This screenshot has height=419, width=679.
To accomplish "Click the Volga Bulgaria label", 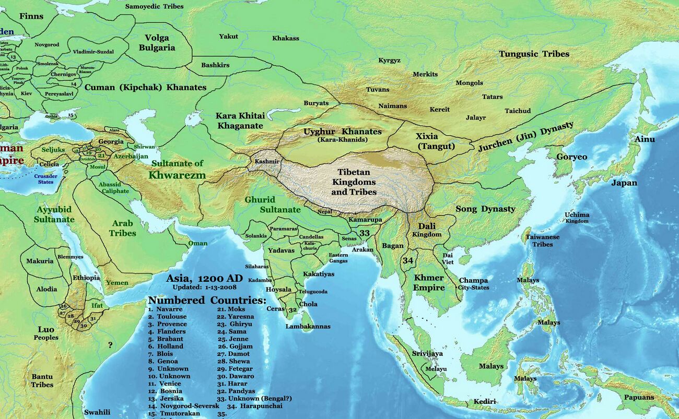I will [160, 42].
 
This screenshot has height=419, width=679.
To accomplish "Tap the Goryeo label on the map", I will [571, 157].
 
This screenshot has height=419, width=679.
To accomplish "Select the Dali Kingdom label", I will [427, 230].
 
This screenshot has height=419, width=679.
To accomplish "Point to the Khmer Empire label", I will [429, 282].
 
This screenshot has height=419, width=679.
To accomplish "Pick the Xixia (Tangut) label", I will [436, 141].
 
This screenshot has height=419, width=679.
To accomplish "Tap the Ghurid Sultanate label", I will [272, 205].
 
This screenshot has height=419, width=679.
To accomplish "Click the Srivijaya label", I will [427, 353].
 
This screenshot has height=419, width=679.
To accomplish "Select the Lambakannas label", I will [308, 327].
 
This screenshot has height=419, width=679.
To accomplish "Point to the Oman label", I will [197, 243].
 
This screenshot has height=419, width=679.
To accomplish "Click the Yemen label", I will [117, 282].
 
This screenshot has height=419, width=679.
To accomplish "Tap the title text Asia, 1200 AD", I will [204, 278].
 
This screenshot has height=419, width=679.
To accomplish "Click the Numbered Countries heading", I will [207, 301].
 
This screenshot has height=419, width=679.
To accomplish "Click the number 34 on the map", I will [408, 260].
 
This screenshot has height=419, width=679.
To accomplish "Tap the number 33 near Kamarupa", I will [365, 233].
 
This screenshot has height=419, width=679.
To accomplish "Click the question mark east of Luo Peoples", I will [110, 345].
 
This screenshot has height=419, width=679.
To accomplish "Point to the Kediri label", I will [484, 401].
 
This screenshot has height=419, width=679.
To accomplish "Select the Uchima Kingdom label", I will [577, 218].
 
